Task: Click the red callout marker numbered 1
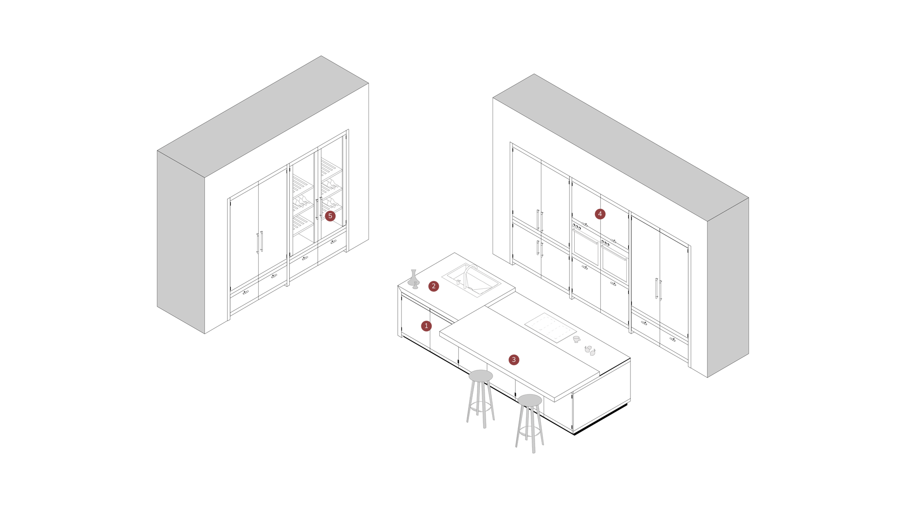point(426,326)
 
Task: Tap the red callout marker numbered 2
point(434,286)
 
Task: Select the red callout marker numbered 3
point(514,359)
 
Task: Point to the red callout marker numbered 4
point(600,214)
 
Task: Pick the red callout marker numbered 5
point(330,216)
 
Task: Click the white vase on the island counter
point(413,279)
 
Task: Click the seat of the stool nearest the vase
point(480,376)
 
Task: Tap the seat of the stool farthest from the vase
point(529,401)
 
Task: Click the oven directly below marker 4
point(586,247)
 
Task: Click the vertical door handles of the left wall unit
point(260,242)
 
